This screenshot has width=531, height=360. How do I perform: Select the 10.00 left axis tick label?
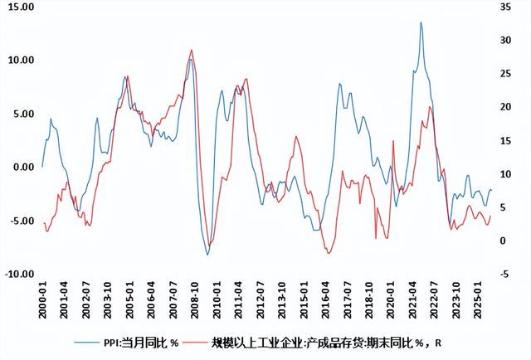[17, 60]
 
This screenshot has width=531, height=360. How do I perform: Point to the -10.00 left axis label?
[17, 274]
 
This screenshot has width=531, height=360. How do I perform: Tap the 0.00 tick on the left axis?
[20, 167]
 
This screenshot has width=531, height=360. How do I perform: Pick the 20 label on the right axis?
[507, 107]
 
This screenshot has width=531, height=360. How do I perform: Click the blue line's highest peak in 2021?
[421, 22]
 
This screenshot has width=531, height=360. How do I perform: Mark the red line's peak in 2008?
[192, 50]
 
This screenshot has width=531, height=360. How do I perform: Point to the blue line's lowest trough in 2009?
[207, 255]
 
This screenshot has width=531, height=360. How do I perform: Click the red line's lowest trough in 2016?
[329, 253]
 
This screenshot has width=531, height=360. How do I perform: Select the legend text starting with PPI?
[140, 342]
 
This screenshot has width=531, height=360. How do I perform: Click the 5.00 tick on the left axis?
[20, 114]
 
